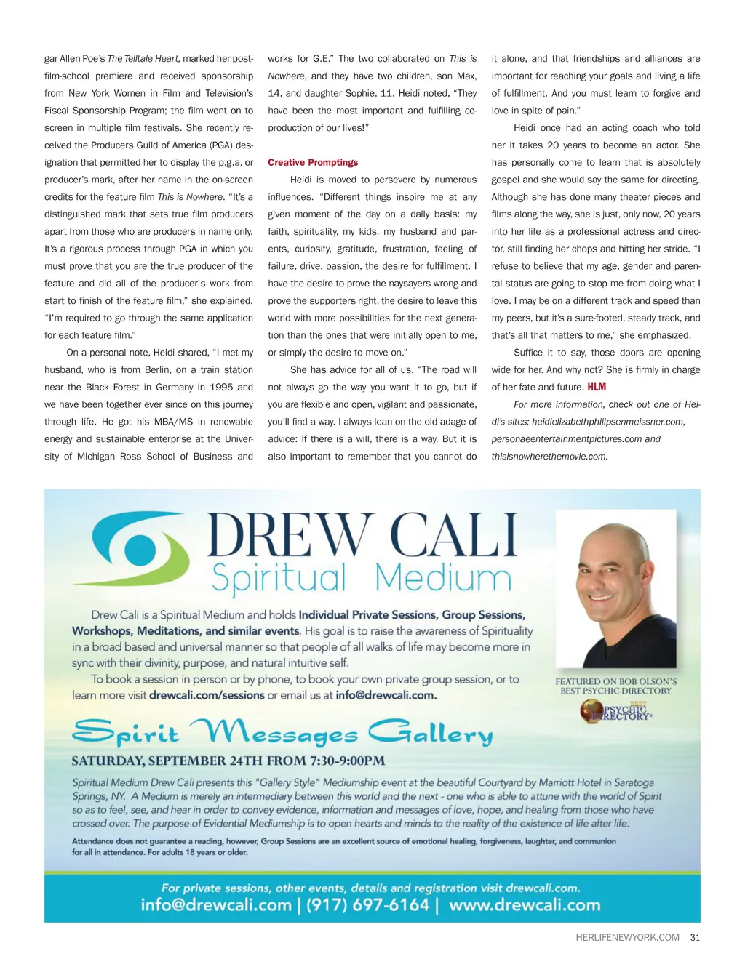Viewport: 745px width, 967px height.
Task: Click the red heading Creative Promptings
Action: pos(313,163)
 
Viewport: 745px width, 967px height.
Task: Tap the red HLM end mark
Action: pos(597,387)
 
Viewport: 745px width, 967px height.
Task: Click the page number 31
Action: pos(695,938)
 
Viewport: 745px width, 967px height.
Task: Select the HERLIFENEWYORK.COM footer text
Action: pos(627,938)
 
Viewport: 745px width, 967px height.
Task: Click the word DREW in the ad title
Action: pos(290,536)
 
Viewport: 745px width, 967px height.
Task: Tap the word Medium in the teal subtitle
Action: pos(443,579)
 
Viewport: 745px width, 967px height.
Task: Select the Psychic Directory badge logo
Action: pos(616,711)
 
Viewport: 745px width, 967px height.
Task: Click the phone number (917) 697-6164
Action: pos(367,905)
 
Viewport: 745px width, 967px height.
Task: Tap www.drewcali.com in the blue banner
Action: pos(525,905)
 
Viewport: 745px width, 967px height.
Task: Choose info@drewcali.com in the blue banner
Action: pos(216,905)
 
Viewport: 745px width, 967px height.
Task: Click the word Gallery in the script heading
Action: pos(431,733)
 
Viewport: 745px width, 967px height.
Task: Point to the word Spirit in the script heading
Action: pos(125,733)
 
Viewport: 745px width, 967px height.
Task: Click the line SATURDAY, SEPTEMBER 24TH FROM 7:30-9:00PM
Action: pos(228,761)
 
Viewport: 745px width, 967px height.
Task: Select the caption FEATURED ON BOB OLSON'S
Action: pos(615,682)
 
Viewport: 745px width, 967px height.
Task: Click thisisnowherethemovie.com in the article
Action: pos(549,457)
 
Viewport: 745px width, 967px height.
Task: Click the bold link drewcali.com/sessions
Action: pos(207,695)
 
